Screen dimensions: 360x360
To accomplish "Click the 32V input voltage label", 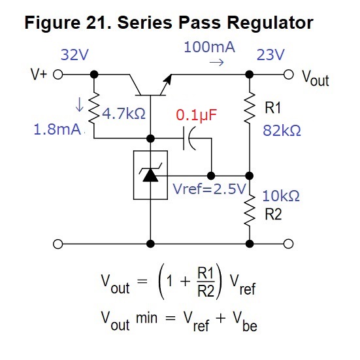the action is (x=74, y=55).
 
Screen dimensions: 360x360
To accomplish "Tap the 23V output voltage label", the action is (x=270, y=55).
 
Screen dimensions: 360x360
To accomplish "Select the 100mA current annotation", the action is (x=209, y=47).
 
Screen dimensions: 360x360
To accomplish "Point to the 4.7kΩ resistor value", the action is (x=123, y=114).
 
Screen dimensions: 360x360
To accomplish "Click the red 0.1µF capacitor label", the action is (x=196, y=115).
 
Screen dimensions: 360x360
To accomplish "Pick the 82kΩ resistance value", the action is (x=282, y=131).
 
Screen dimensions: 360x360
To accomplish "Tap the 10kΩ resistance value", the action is (x=281, y=196).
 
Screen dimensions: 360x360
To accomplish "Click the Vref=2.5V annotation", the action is (x=209, y=189).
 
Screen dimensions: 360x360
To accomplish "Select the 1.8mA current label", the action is (x=57, y=129).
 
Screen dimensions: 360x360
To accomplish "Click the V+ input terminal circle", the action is (x=58, y=74).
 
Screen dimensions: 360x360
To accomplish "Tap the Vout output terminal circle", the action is (x=288, y=74).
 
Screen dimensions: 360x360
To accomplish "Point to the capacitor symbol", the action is (x=189, y=139).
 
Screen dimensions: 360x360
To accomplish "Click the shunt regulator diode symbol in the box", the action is (x=150, y=175).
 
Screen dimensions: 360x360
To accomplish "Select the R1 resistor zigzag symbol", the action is (x=250, y=108).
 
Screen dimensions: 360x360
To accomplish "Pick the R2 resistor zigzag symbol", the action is (x=250, y=211).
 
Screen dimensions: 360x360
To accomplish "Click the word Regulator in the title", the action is (x=270, y=23).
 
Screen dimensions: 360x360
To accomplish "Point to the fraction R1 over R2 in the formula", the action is (x=206, y=282).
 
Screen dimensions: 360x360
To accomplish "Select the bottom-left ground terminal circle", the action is (x=58, y=244).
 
